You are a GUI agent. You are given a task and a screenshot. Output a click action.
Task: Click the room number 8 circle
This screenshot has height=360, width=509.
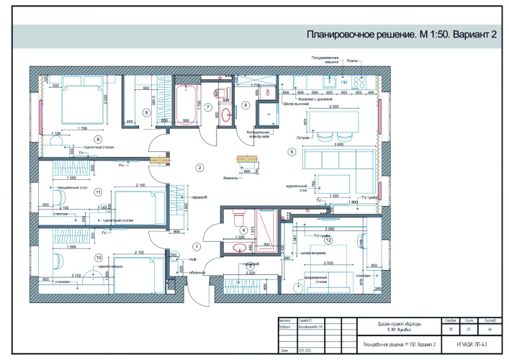tap(99, 139)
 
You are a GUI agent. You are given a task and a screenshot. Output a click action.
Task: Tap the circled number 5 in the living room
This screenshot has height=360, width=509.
tap(292, 152)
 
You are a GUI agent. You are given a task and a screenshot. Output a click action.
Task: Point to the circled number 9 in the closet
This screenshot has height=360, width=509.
tap(145, 112)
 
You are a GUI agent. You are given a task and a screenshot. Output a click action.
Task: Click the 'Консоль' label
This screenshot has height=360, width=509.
tap(232, 177)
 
